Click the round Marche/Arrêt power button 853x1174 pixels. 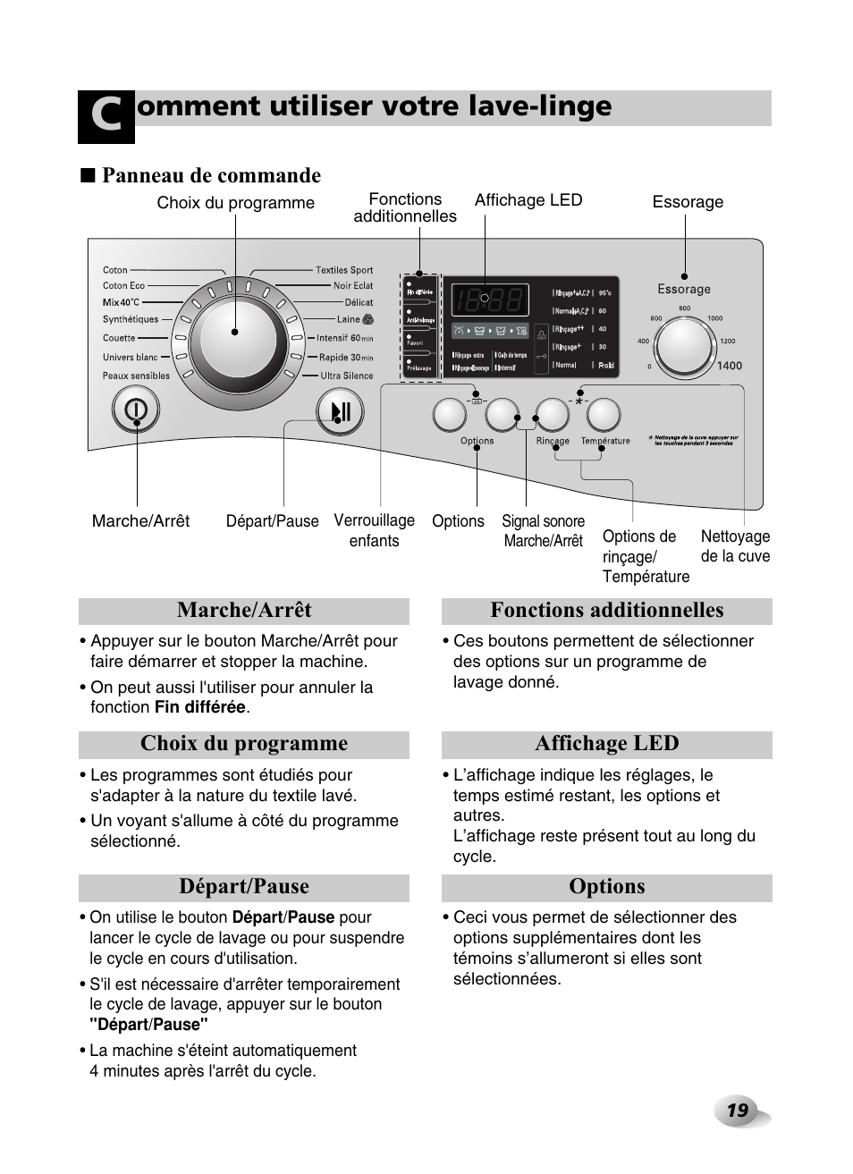pos(136,410)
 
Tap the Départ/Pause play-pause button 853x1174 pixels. pos(340,412)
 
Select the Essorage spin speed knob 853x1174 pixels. pos(685,344)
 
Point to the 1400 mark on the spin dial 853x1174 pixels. pos(729,366)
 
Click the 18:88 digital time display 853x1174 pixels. pos(489,300)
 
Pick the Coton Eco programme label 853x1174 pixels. pos(123,286)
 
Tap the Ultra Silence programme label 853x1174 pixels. pos(347,376)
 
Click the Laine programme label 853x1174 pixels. pos(349,319)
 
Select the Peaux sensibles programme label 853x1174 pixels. pos(136,376)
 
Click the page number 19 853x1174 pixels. pos(737,1111)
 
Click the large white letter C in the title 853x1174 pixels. pos(106,117)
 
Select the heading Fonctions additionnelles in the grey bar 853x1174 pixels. pos(606,611)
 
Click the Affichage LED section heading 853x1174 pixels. pos(606,744)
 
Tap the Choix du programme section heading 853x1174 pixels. pos(243,744)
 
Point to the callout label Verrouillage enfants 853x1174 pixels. pos(374,530)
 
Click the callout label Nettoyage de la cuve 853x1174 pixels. pos(735,545)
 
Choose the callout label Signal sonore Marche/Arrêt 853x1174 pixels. pos(543,530)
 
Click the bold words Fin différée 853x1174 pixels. pos(199,707)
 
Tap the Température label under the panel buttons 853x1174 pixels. pos(605,441)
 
